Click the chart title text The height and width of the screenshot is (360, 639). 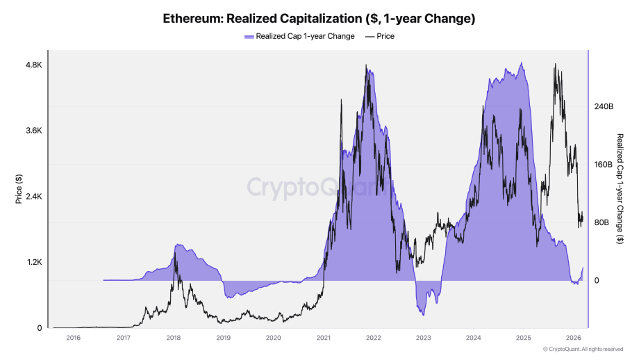click(319, 19)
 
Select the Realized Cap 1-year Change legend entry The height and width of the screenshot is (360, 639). click(299, 36)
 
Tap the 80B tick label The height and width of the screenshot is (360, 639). click(601, 223)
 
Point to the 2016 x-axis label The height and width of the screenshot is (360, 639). click(73, 338)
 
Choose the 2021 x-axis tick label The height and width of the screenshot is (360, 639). click(324, 338)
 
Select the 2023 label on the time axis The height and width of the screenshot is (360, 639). click(424, 338)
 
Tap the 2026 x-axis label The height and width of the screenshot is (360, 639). click(574, 338)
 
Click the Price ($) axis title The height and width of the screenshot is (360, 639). click(19, 190)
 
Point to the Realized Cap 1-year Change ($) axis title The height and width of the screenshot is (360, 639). click(620, 188)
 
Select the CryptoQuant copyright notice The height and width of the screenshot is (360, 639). click(583, 349)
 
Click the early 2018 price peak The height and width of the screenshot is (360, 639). click(174, 252)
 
